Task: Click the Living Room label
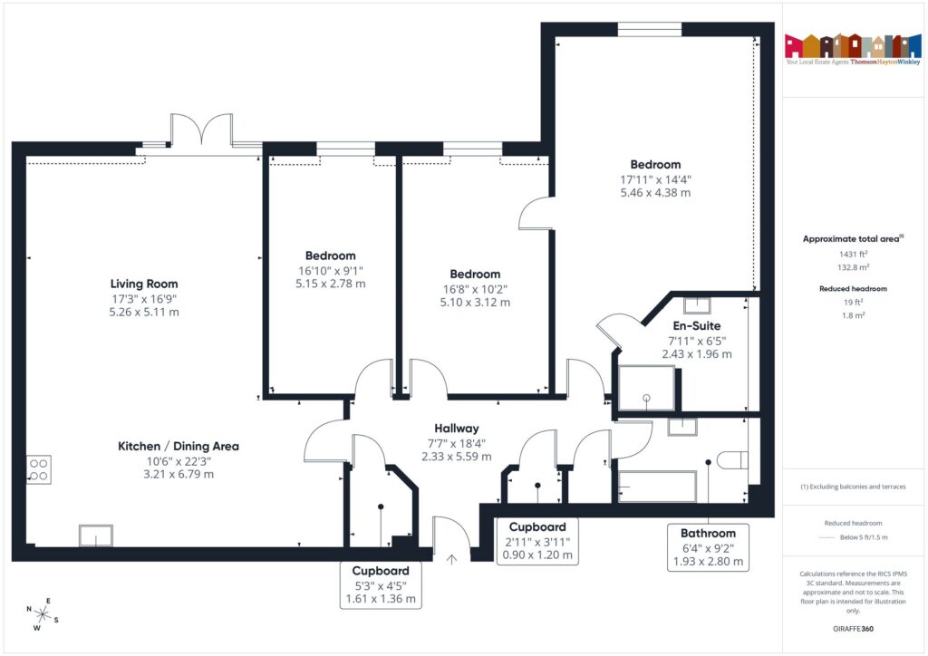click(x=144, y=284)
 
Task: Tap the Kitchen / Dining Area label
click(x=179, y=446)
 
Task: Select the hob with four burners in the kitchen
click(x=39, y=469)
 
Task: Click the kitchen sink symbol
click(x=94, y=535)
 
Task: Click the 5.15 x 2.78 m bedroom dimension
click(x=330, y=284)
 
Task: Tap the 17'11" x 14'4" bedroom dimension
click(x=655, y=179)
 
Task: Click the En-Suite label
click(x=696, y=325)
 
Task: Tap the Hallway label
click(x=455, y=428)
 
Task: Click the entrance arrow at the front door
click(x=452, y=559)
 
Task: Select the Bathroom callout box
click(x=708, y=548)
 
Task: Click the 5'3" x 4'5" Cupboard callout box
click(x=381, y=585)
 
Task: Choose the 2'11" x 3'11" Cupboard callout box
click(x=538, y=541)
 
